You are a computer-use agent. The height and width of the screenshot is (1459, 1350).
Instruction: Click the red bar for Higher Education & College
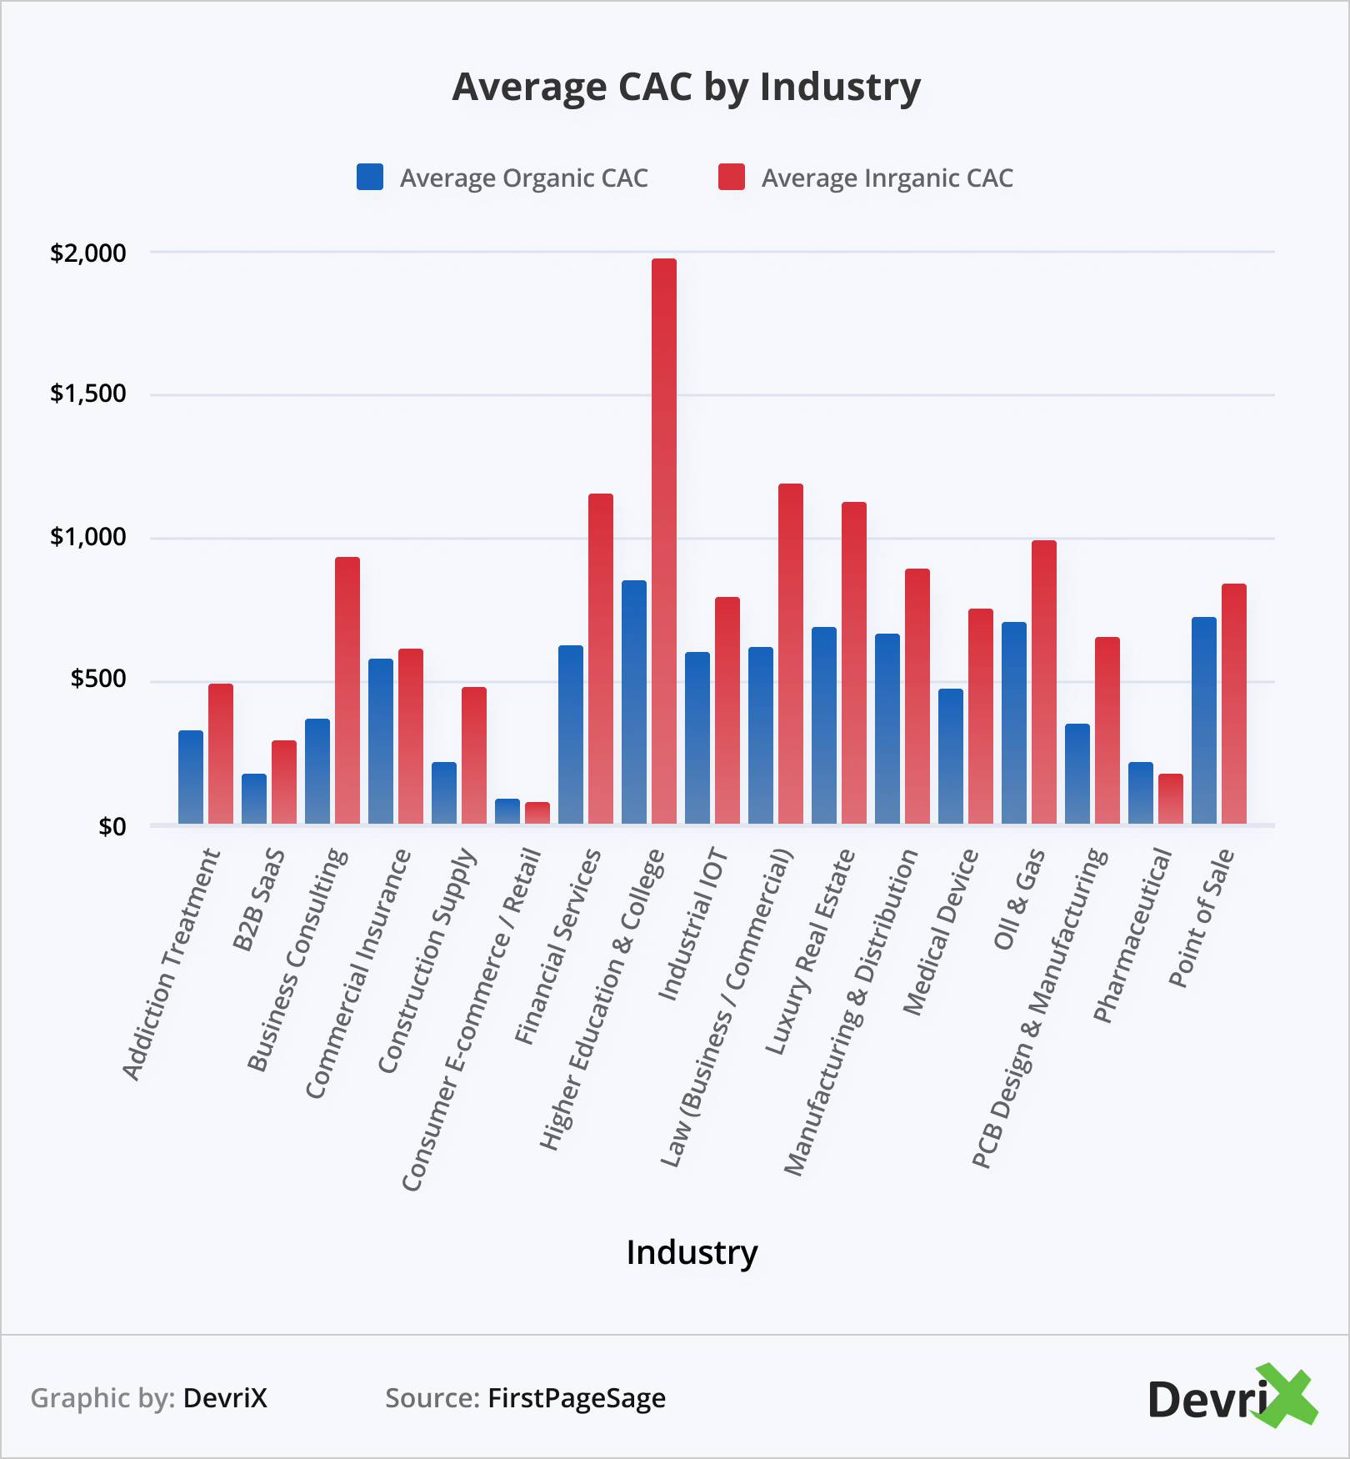click(664, 542)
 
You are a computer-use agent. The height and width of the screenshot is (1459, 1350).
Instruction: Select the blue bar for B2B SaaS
click(254, 800)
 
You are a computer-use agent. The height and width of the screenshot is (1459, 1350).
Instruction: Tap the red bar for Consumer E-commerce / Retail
click(537, 814)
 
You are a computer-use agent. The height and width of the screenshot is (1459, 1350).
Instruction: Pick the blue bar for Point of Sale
click(1204, 721)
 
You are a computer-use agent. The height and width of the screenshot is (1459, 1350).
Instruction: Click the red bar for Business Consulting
click(347, 691)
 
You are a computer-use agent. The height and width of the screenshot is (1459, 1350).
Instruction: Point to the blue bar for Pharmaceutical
click(1141, 794)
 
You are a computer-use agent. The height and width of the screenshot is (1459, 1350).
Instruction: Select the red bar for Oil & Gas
click(1044, 683)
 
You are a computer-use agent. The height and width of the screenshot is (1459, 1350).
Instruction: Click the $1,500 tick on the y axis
click(88, 394)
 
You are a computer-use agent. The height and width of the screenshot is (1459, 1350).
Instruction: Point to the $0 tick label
click(112, 827)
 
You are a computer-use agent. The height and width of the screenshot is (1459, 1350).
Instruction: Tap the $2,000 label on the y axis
click(88, 253)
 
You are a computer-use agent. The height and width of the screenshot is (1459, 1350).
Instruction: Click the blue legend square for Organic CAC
click(370, 178)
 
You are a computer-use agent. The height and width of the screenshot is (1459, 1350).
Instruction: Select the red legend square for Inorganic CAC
click(731, 178)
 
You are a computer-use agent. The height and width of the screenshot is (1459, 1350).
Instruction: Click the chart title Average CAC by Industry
click(686, 87)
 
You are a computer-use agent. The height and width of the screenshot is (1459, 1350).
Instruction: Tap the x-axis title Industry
click(692, 1252)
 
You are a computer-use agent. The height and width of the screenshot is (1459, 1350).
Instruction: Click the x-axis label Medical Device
click(941, 932)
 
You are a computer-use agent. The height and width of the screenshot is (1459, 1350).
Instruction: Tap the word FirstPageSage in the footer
click(577, 1398)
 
